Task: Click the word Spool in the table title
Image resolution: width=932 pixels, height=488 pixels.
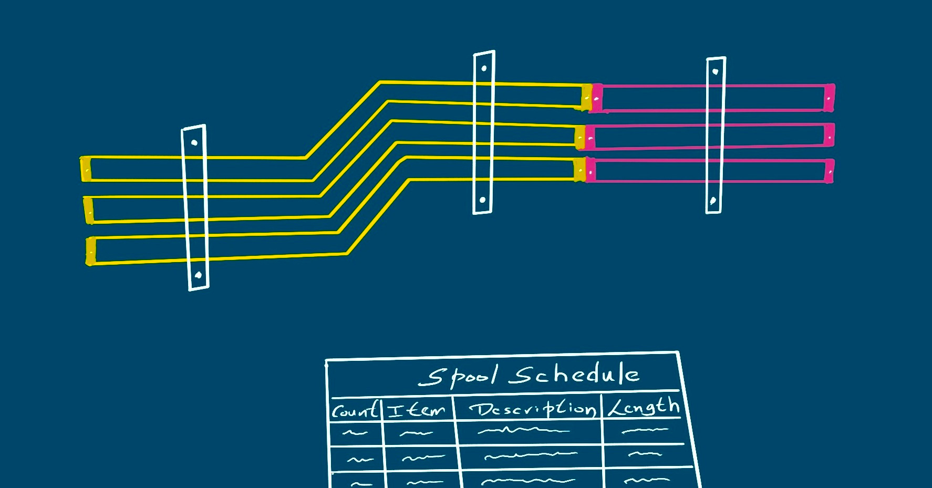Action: pos(458,376)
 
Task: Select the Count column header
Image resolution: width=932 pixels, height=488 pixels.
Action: pos(355,410)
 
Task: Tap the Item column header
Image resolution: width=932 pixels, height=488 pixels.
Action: pos(417,409)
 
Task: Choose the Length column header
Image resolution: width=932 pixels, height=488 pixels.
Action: pos(644,407)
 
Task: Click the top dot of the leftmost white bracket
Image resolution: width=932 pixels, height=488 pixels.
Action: pos(194,142)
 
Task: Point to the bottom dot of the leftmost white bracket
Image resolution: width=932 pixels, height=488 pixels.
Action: pos(198,275)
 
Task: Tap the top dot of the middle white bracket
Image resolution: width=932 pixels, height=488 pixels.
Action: pos(484,68)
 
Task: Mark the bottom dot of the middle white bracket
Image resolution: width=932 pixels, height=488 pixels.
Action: pos(482,200)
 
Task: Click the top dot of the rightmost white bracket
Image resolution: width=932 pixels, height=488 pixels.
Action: pos(715,71)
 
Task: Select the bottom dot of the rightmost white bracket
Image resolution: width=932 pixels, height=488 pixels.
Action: pos(713,200)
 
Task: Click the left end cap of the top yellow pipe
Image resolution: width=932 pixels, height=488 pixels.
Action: pos(86,169)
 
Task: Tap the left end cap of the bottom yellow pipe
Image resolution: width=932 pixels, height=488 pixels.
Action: pos(91,251)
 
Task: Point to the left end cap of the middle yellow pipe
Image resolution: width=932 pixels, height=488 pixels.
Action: pos(88,210)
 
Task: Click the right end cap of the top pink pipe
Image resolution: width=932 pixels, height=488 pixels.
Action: pos(829,98)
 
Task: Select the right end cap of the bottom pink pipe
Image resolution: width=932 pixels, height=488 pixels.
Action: pos(829,171)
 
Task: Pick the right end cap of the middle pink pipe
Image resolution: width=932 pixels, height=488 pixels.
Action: pos(829,136)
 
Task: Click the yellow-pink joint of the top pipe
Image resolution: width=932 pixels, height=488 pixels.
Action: pos(592,98)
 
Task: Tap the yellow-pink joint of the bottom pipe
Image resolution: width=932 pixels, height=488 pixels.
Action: pos(585,170)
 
